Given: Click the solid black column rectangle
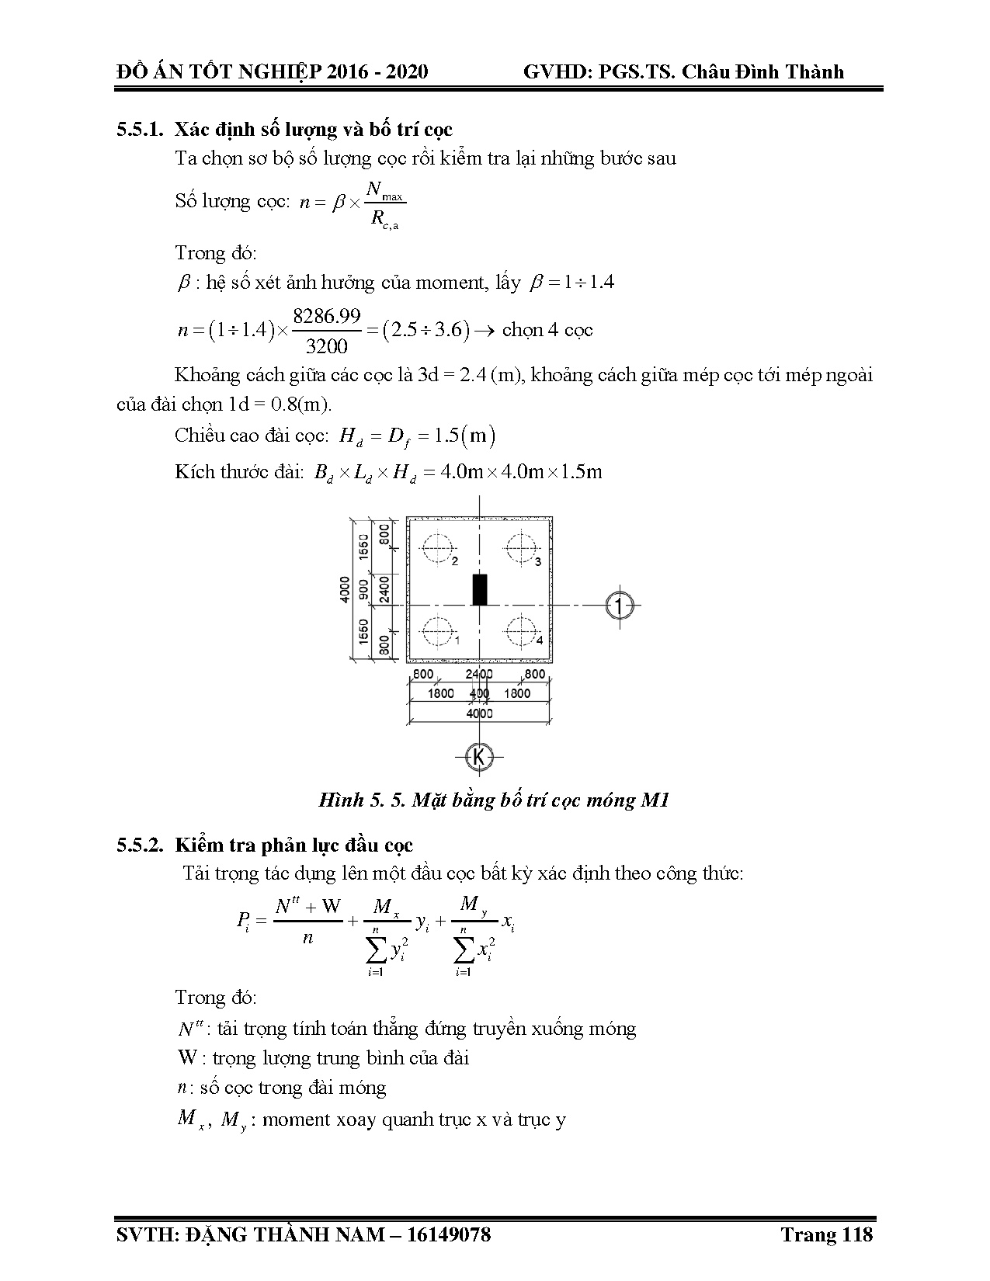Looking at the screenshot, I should pyautogui.click(x=480, y=590).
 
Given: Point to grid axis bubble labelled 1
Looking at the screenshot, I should pyautogui.click(x=618, y=605).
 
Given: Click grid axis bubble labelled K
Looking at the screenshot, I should pyautogui.click(x=479, y=756).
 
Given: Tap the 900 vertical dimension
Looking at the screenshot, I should pyautogui.click(x=363, y=589).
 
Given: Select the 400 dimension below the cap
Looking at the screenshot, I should pyautogui.click(x=479, y=693).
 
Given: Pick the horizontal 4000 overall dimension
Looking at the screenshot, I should pyautogui.click(x=479, y=713).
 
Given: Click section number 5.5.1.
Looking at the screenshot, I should pyautogui.click(x=140, y=130).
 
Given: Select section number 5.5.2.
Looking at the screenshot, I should pyautogui.click(x=140, y=845).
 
